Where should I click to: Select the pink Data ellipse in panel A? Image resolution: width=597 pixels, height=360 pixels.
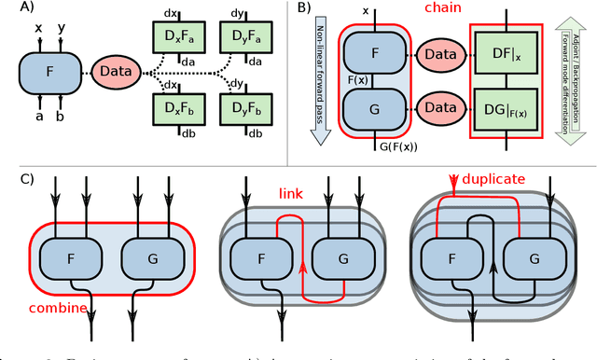pyautogui.click(x=115, y=69)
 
